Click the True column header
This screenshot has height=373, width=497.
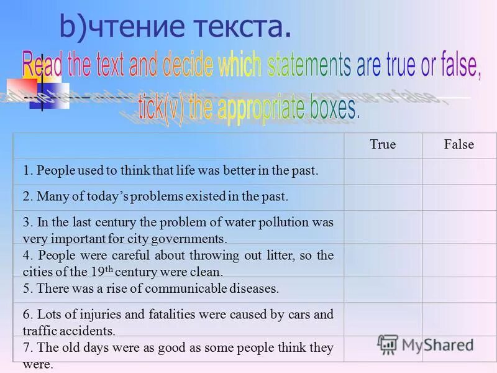pos(383,145)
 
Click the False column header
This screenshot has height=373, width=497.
pos(459,145)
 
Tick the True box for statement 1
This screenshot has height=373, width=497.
pos(383,171)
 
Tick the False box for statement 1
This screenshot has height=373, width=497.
pos(459,171)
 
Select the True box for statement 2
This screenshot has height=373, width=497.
pos(383,197)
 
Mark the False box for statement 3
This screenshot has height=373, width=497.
pos(459,228)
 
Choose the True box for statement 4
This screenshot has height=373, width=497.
pos(383,260)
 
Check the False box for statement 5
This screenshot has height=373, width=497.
pos(459,289)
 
